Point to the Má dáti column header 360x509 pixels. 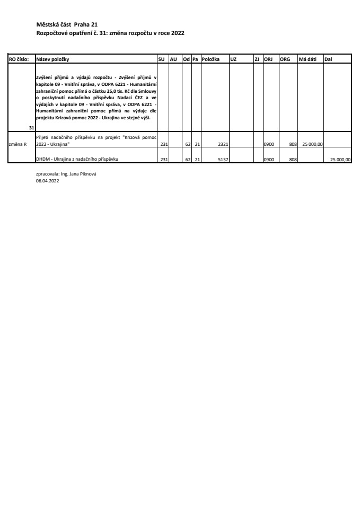tap(308, 59)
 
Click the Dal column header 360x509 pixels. tap(328, 59)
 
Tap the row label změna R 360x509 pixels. tap(18, 144)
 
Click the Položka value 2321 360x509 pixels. tap(223, 144)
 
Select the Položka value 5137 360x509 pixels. tap(223, 159)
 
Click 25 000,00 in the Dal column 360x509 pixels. tap(340, 159)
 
